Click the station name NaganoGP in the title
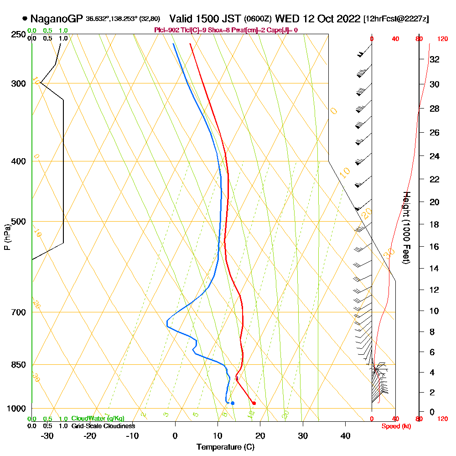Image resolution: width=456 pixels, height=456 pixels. pos(57,19)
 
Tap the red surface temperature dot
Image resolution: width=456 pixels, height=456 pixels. pos(254,403)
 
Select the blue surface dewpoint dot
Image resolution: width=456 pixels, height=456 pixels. pos(233,403)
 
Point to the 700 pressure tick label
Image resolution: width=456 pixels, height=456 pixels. pos(18,312)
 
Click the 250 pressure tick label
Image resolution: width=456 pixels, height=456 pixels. pos(18,34)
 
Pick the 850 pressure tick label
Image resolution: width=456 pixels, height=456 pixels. pos(18,365)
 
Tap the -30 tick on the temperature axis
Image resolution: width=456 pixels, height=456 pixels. pos(47,435)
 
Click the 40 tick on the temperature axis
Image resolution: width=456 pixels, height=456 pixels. pos(346,435)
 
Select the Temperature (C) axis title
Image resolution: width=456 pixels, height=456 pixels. pos(225,447)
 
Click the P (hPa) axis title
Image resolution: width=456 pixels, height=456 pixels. pos(7,237)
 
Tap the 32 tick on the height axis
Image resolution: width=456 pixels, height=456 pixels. pos(435,59)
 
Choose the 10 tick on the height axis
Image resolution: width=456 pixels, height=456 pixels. pos(435,311)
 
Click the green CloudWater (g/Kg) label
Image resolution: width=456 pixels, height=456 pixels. pos(98,419)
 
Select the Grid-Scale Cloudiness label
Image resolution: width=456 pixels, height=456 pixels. pos(103,426)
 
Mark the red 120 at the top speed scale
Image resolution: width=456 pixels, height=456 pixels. pos(442,39)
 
